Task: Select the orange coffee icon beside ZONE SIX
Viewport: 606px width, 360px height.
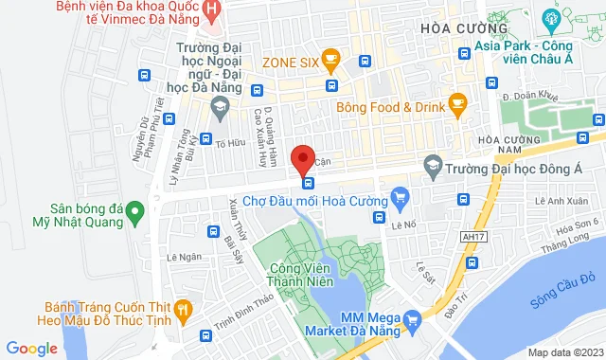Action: point(330,62)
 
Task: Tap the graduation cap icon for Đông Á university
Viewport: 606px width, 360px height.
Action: point(431,164)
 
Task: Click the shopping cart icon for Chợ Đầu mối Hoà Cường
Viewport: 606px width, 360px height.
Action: point(400,200)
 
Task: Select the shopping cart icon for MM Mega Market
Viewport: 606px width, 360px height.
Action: point(411,321)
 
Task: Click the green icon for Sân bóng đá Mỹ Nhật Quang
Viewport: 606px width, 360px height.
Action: point(134,209)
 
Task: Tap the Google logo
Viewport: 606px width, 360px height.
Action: point(32,348)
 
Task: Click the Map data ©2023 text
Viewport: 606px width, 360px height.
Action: point(564,352)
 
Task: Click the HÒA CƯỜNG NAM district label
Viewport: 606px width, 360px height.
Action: point(502,147)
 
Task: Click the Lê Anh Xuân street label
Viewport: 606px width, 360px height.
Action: point(555,201)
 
